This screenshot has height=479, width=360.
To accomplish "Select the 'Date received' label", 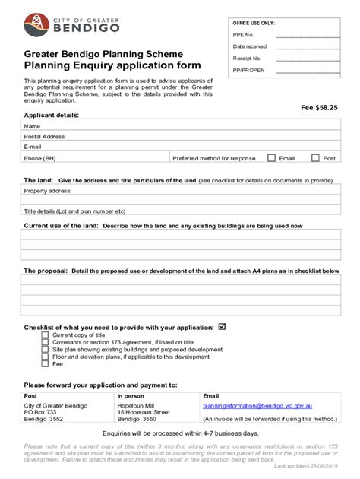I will (x=251, y=46).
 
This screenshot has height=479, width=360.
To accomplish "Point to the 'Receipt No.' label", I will (x=248, y=58).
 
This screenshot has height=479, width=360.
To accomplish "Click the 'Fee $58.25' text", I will (x=318, y=108).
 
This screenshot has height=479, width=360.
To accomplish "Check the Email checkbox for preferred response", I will (x=271, y=158).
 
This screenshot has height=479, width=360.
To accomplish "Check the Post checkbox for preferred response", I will (x=314, y=158).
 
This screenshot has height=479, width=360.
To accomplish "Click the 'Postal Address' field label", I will (x=43, y=137).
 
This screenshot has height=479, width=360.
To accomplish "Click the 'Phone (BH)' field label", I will (x=39, y=158).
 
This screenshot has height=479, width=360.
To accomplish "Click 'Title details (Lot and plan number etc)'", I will (x=74, y=211).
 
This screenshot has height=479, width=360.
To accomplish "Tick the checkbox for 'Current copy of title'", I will (x=46, y=335).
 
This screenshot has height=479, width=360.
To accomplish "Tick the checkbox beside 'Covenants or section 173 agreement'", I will (x=46, y=342).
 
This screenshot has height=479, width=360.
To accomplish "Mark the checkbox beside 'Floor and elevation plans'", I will (x=46, y=357).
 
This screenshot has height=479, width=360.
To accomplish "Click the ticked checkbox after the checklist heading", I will (x=222, y=327).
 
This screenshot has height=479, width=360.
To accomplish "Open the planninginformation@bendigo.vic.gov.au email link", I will (x=257, y=406).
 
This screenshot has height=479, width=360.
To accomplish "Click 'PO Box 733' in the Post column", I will (x=41, y=413).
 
